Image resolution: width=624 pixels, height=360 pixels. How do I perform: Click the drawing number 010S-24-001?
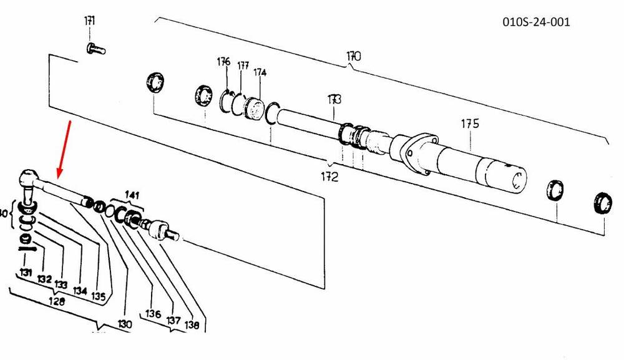click(x=536, y=22)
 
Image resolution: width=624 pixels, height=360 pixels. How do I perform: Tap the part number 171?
click(x=90, y=22)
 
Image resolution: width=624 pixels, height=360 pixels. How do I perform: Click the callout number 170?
click(x=354, y=56)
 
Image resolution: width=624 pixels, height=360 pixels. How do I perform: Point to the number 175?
click(x=470, y=124)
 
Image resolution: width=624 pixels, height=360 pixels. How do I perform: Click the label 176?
click(x=223, y=62)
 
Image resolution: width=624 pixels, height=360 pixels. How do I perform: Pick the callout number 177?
click(x=243, y=66)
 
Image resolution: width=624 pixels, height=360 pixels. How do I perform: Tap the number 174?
click(x=260, y=72)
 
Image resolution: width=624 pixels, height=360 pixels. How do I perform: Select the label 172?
click(x=329, y=177)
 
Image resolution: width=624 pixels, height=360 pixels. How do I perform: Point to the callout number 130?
click(x=125, y=324)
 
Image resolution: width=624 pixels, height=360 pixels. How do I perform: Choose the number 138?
click(x=192, y=324)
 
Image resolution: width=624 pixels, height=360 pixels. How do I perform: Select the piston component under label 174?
click(x=255, y=109)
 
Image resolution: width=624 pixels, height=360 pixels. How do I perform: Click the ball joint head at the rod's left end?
click(x=29, y=180)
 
